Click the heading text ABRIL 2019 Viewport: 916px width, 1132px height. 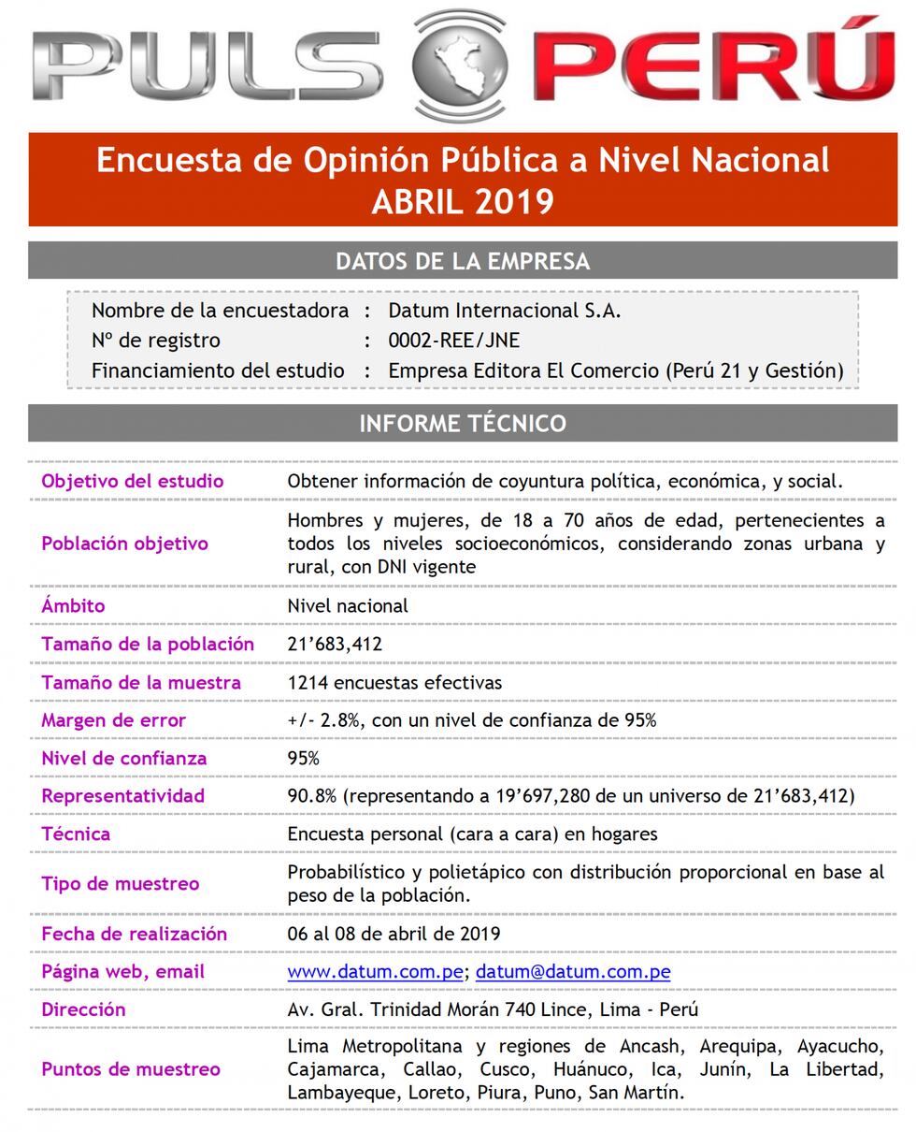(x=463, y=201)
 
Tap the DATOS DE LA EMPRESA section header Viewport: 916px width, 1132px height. (x=463, y=261)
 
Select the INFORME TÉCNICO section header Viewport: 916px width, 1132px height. (x=463, y=424)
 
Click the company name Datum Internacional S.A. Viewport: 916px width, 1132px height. (x=505, y=311)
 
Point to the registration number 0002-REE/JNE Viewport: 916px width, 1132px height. (x=454, y=341)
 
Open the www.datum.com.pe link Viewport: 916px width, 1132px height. (x=375, y=972)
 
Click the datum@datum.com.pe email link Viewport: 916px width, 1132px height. (x=573, y=972)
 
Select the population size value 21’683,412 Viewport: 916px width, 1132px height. (x=335, y=645)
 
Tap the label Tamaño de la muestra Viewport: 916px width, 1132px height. (x=141, y=683)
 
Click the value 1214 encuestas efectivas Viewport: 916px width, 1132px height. (x=394, y=683)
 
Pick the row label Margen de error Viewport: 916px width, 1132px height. (x=113, y=720)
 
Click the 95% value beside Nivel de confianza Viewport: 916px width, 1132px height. (x=303, y=759)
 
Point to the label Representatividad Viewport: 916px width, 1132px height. (x=122, y=796)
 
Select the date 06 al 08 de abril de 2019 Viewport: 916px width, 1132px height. (x=394, y=934)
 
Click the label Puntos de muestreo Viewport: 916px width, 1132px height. (x=131, y=1069)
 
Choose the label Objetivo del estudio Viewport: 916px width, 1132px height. (x=133, y=482)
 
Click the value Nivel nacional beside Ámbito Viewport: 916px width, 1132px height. (x=348, y=606)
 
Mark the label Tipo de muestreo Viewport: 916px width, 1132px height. (x=120, y=884)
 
